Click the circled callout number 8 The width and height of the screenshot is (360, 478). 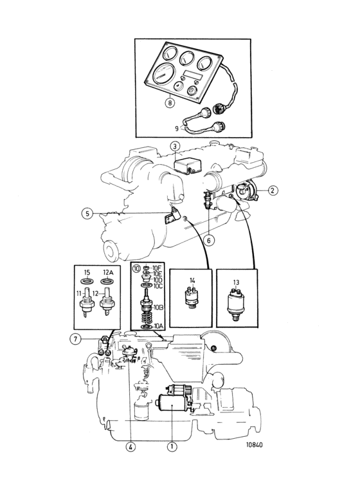[170, 103]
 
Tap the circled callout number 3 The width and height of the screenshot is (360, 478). [175, 146]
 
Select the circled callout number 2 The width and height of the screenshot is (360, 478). [273, 190]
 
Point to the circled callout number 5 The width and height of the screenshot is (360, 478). [87, 214]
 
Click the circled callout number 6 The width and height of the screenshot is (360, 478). [209, 241]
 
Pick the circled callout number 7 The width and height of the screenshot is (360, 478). [75, 338]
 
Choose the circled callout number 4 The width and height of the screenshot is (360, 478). [130, 447]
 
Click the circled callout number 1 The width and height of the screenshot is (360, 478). [172, 447]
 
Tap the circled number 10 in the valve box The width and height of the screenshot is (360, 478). [136, 268]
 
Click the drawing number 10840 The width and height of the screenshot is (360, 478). [255, 445]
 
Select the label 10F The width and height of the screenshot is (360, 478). [157, 268]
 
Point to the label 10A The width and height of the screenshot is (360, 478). [159, 326]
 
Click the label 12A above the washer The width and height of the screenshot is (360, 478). [108, 273]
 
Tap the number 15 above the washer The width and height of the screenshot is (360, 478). [87, 273]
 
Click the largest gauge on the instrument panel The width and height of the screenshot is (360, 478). [163, 75]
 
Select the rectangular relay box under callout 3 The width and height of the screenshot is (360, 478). [186, 167]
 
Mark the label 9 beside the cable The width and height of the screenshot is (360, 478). [177, 129]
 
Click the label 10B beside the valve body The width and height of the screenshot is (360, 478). [159, 308]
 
